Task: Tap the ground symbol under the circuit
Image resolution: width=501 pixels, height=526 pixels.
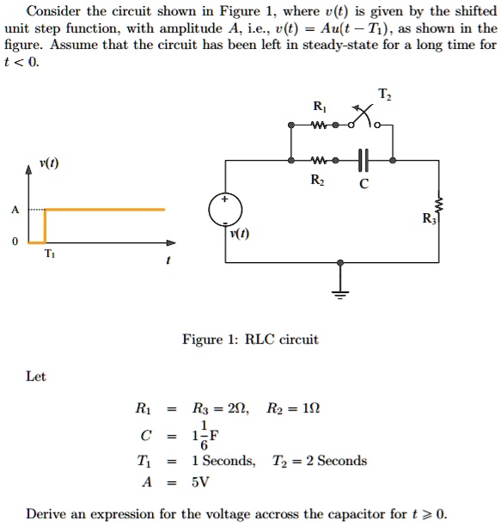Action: [340, 294]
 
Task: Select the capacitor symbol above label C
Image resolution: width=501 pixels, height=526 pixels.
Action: [364, 161]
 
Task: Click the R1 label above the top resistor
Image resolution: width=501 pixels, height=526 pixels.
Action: [319, 107]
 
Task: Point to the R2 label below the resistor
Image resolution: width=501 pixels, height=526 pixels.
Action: [317, 180]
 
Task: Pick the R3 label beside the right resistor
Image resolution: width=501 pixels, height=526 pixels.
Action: [429, 218]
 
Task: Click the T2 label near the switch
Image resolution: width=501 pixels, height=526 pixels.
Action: [384, 94]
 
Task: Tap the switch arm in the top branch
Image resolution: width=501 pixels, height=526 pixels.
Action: [362, 115]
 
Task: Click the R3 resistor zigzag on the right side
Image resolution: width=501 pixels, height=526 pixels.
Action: [438, 205]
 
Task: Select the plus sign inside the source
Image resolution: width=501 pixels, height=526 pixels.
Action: [224, 199]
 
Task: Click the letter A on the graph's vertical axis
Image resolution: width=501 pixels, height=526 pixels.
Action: [15, 210]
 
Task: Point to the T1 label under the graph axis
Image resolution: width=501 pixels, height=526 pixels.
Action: [50, 254]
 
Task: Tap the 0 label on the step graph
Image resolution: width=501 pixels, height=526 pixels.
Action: [15, 242]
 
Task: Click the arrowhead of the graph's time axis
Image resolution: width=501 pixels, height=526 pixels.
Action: [171, 242]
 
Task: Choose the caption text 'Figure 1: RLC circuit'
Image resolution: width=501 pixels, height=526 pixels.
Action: [250, 339]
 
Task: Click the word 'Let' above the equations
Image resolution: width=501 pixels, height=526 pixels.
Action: [35, 376]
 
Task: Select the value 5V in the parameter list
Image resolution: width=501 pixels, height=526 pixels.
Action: [200, 481]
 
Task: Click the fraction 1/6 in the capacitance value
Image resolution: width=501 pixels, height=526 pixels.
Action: [204, 435]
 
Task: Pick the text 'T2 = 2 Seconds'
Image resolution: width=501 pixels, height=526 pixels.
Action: [319, 461]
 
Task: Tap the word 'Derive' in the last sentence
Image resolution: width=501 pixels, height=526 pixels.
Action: [46, 514]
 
